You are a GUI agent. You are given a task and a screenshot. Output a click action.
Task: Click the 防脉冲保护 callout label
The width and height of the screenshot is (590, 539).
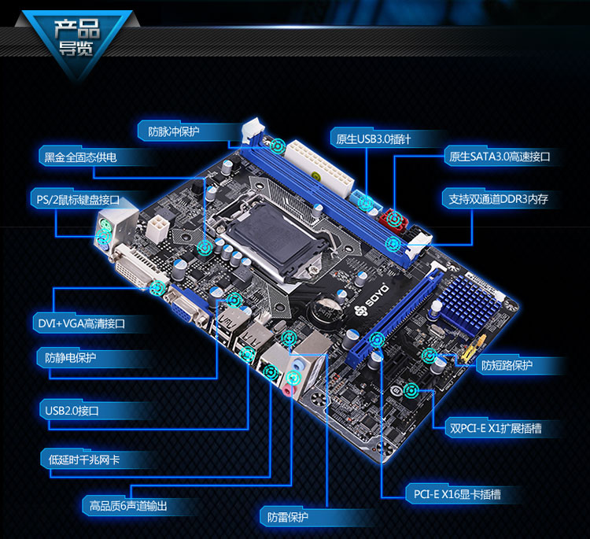174,131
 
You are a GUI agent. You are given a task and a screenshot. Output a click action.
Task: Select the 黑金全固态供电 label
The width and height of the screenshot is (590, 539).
80,157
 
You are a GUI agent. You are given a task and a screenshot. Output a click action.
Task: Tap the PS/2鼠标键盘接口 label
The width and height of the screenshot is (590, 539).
78,200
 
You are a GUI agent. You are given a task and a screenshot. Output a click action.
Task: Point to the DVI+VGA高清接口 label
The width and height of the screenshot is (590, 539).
81,323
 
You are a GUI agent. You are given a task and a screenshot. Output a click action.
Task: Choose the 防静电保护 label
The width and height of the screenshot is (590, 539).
70,357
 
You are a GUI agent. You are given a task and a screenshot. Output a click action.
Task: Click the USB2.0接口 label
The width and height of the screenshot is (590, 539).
72,410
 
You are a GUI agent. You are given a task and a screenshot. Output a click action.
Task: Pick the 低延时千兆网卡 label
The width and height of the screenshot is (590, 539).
84,460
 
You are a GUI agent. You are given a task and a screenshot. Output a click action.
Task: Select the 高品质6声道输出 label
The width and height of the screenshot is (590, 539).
128,506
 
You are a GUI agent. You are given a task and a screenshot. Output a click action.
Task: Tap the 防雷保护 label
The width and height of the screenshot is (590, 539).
287,517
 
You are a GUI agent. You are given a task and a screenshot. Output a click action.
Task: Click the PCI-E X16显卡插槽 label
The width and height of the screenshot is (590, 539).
457,494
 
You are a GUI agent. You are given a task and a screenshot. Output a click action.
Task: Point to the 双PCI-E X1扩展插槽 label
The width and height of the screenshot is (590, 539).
496,428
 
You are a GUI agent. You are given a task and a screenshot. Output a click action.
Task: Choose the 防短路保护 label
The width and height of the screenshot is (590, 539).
507,365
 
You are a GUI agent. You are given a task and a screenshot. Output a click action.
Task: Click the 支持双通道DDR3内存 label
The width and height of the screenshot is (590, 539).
498,199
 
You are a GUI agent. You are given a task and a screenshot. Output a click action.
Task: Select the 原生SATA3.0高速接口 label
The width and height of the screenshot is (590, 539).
500,157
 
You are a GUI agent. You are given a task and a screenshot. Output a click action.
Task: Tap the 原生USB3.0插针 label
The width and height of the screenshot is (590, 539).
373,139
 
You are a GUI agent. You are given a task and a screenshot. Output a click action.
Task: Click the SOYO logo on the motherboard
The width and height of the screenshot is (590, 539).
371,301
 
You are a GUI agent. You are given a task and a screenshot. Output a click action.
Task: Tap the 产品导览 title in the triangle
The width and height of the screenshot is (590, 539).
77,37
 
